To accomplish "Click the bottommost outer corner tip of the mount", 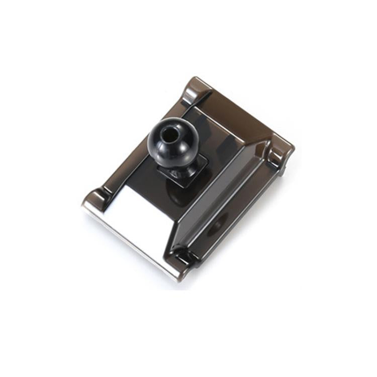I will click(x=175, y=279).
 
